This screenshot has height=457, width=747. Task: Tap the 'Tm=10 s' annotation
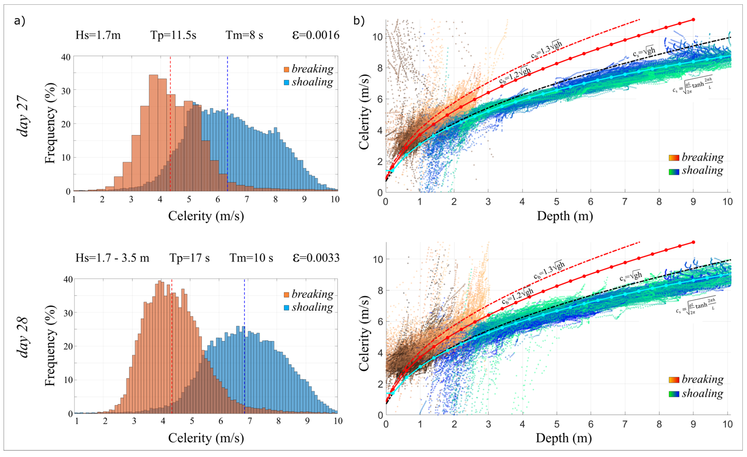251,258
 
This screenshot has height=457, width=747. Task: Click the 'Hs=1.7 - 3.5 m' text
112,258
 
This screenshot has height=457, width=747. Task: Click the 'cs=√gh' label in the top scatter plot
644,52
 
